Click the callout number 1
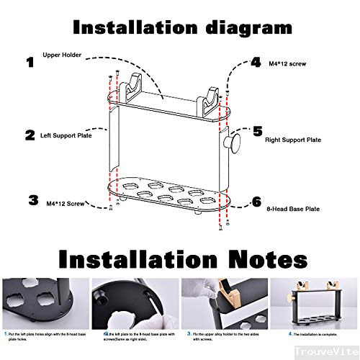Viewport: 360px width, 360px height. coord(30,63)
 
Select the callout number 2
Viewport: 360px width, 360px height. coord(30,135)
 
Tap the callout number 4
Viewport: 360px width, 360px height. coord(255,63)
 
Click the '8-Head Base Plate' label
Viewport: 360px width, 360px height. coord(292,209)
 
